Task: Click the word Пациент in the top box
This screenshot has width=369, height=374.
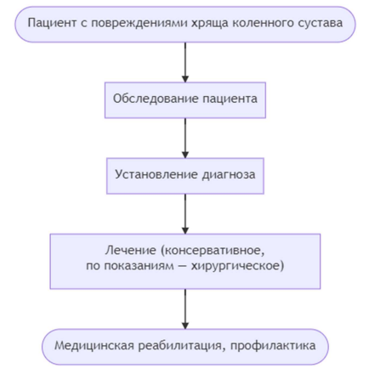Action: [52, 23]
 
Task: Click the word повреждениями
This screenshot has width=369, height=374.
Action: [139, 24]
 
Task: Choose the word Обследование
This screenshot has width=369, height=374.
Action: [156, 99]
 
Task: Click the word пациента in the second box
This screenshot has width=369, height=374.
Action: [230, 99]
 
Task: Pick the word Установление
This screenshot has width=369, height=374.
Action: [156, 174]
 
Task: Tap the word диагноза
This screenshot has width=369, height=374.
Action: [229, 175]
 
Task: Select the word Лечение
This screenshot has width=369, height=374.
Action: [131, 251]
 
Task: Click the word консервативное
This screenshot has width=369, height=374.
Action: [213, 251]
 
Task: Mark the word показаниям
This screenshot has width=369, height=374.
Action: [139, 266]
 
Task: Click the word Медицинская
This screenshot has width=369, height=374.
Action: [94, 346]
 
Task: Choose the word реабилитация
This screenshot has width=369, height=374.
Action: [183, 346]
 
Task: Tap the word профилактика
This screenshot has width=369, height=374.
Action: [273, 346]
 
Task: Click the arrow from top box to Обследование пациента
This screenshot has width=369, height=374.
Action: [185, 63]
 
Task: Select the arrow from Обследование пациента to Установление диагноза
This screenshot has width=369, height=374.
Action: [185, 139]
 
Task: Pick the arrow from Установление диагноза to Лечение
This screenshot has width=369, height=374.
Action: [185, 214]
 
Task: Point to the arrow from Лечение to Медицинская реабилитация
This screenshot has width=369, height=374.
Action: [185, 309]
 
